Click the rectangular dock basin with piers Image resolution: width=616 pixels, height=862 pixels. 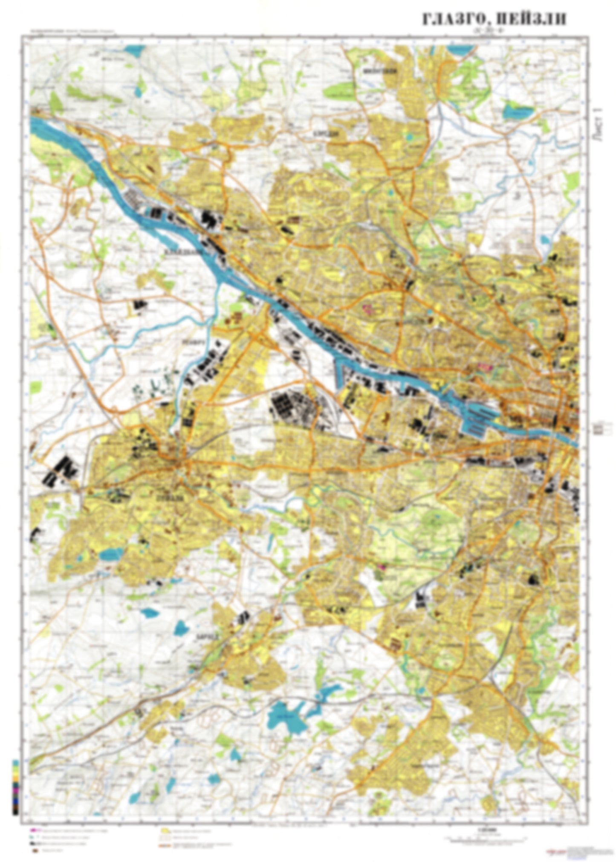480,420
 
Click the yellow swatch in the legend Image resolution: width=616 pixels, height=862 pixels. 165,831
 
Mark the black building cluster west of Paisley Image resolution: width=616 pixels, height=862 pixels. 60,469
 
